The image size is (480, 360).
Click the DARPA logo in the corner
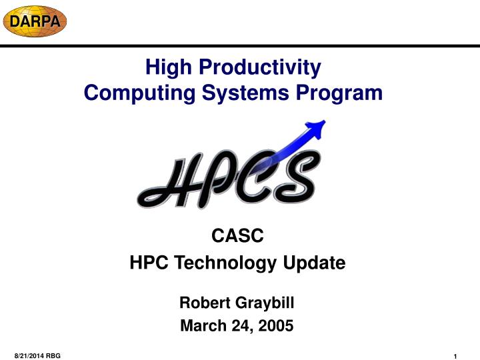point(34,21)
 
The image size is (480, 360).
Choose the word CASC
point(237,234)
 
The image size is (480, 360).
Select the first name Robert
point(204,303)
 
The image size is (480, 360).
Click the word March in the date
point(203,326)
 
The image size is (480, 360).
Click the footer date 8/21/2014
point(29,357)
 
